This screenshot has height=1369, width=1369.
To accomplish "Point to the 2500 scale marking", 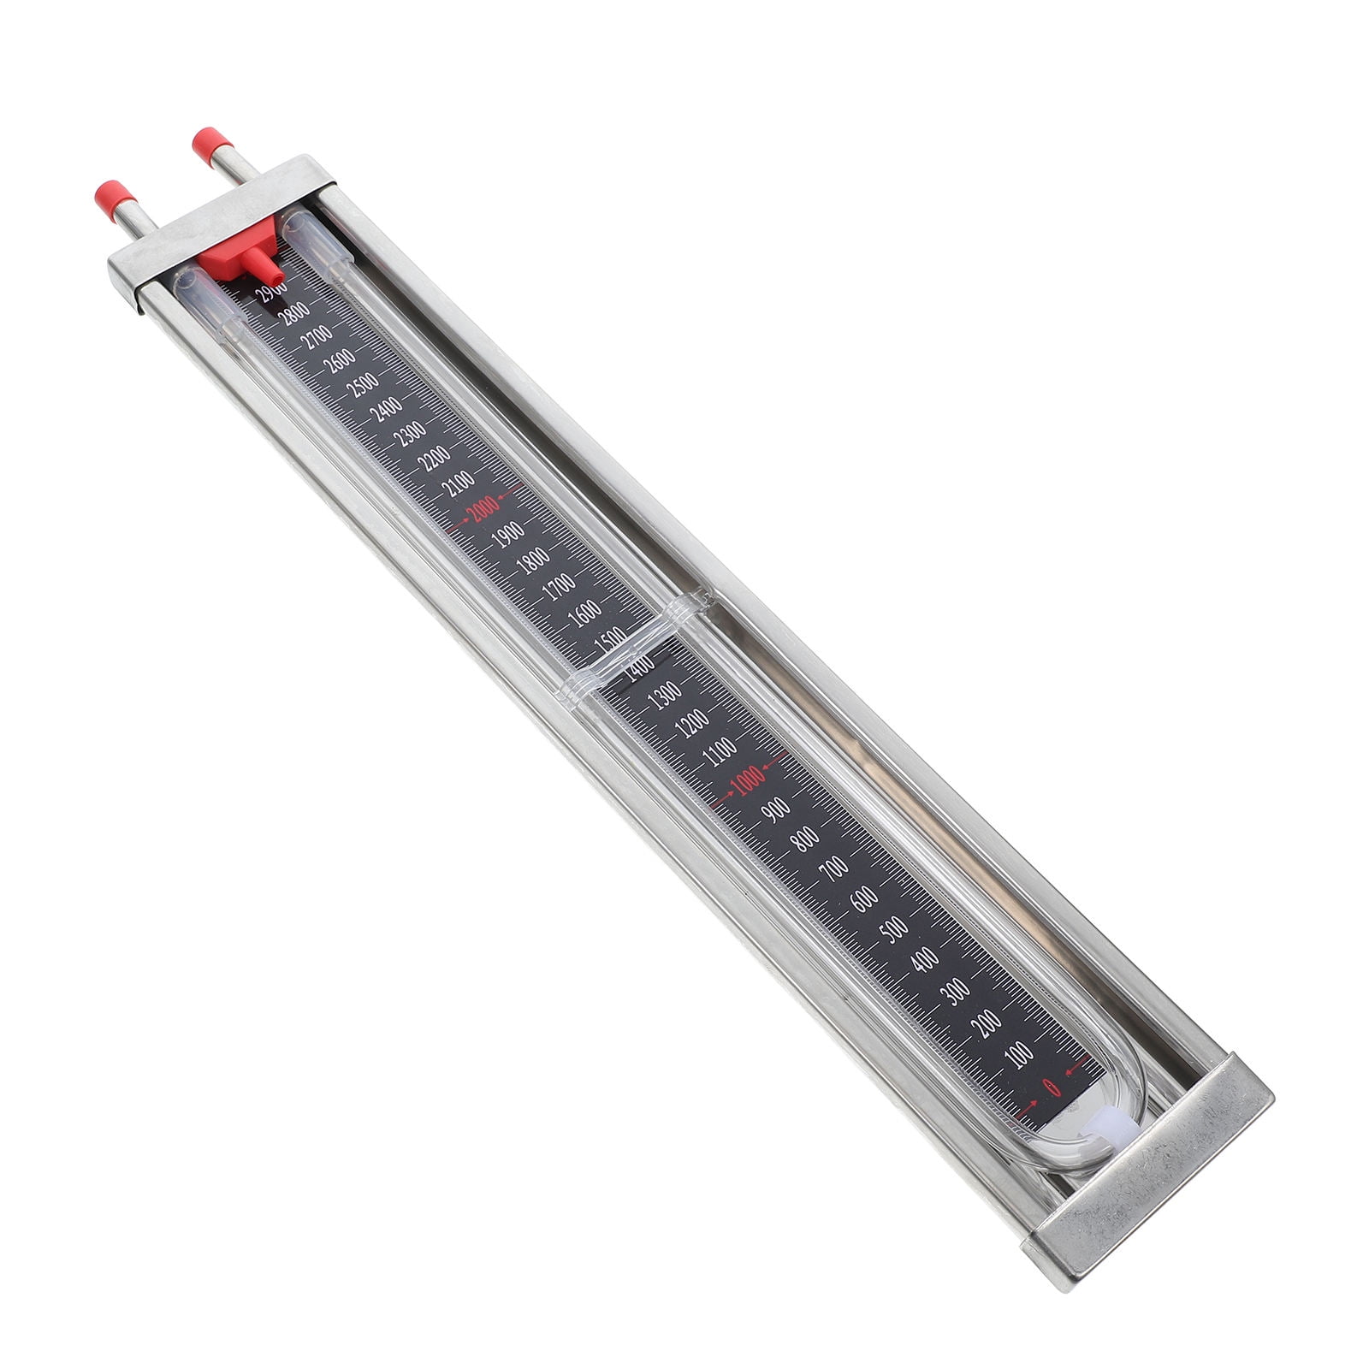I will pyautogui.click(x=365, y=385).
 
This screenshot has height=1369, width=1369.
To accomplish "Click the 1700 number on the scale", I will pyautogui.click(x=559, y=587).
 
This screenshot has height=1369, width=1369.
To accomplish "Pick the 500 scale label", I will pyautogui.click(x=894, y=928).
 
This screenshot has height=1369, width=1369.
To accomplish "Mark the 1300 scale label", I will pyautogui.click(x=665, y=694).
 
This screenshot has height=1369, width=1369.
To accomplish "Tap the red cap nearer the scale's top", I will pyautogui.click(x=208, y=143).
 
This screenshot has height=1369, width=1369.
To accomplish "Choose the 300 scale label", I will pyautogui.click(x=957, y=991).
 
